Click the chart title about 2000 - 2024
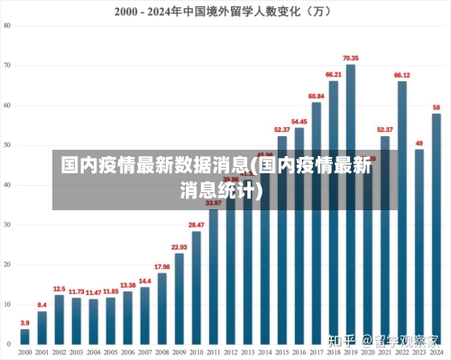[x=223, y=12]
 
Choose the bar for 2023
[x=419, y=248]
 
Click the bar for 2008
[x=162, y=310]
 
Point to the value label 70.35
[x=350, y=58]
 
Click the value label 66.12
[x=402, y=75]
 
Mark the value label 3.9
[x=24, y=323]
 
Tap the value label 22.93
[x=179, y=246]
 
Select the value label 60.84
[x=316, y=96]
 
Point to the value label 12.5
[x=60, y=289]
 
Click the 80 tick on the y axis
[x=7, y=26]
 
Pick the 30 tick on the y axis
[x=7, y=225]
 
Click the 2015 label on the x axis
[x=281, y=352]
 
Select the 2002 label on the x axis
[x=59, y=352]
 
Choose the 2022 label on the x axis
[x=402, y=352]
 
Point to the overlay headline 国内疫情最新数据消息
[x=155, y=165]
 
